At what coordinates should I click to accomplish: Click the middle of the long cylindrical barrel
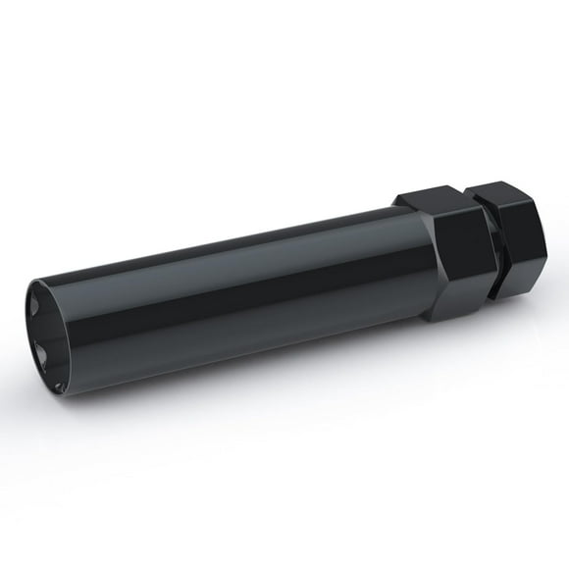[x=226, y=294]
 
